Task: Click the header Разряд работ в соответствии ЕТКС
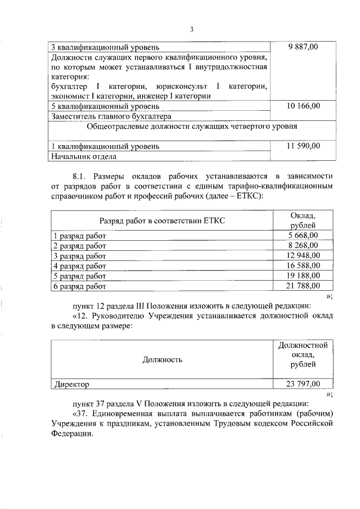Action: [162, 221]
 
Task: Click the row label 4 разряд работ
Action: [79, 266]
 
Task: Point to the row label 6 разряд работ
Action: [79, 286]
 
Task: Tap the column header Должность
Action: [162, 359]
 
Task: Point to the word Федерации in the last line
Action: [70, 434]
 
